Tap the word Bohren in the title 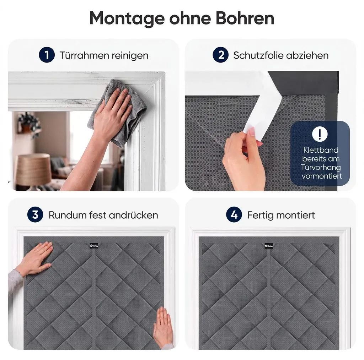point(245,18)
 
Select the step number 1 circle point(47,55)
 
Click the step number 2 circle point(220,55)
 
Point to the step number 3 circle point(35,215)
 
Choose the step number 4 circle point(234,215)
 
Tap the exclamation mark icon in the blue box point(320,134)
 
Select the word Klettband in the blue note point(321,150)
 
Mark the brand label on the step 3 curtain point(94,245)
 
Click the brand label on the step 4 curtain point(269,245)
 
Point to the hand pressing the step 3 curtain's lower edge point(163,327)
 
